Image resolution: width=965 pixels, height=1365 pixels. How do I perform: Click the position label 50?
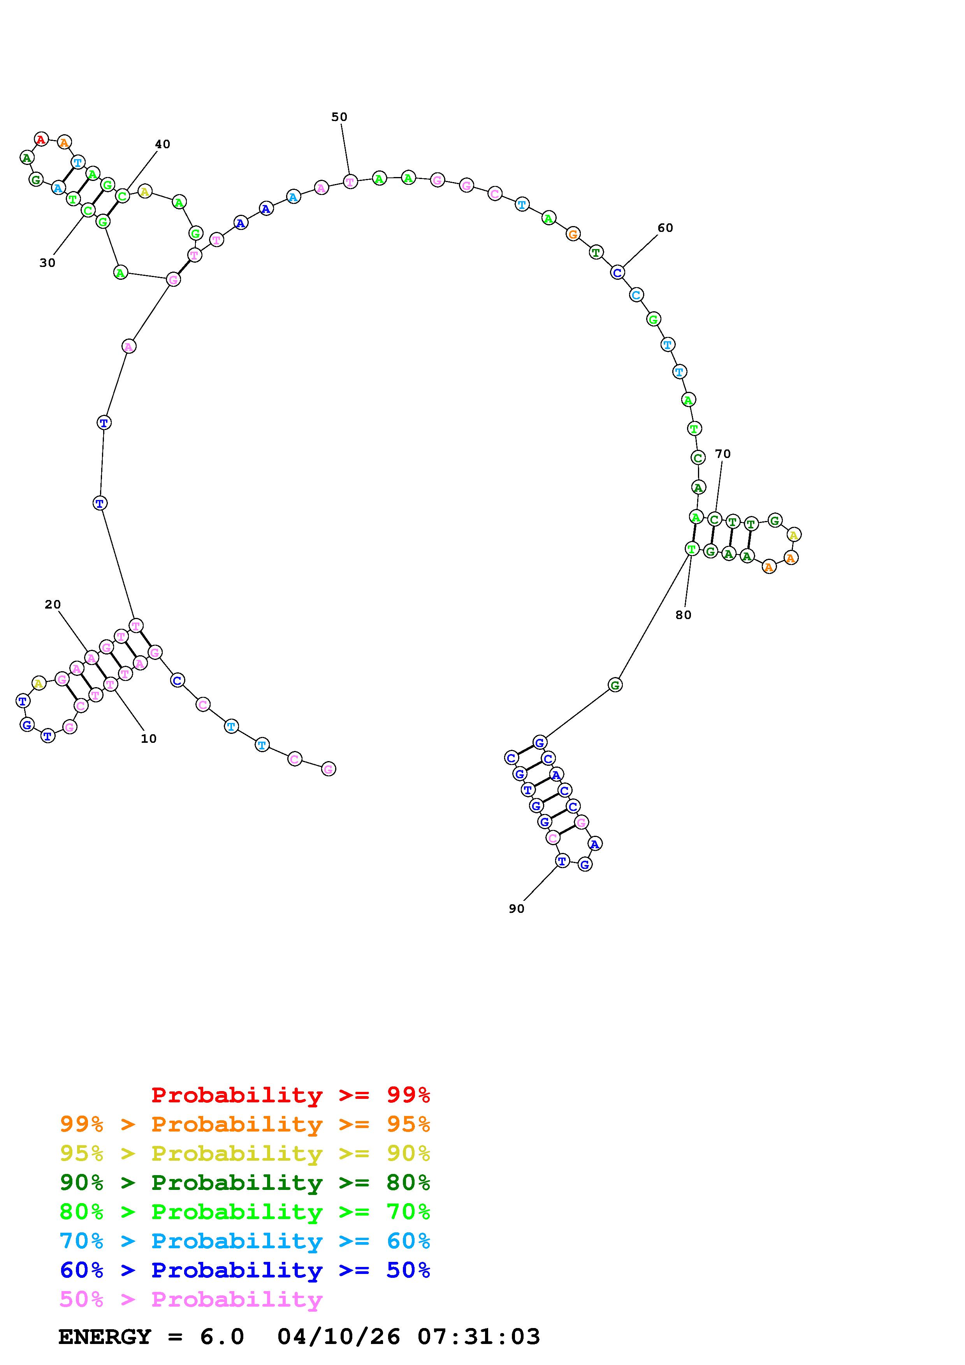tap(339, 117)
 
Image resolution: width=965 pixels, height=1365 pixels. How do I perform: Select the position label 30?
tap(47, 263)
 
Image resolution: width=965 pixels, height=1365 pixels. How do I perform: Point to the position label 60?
tap(665, 228)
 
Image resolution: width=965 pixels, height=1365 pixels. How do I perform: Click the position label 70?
tap(722, 454)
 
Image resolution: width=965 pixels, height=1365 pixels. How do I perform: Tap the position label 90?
tap(517, 909)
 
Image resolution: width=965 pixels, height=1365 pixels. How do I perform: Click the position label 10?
tap(149, 739)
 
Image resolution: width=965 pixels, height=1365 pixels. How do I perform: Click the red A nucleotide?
tap(40, 140)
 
